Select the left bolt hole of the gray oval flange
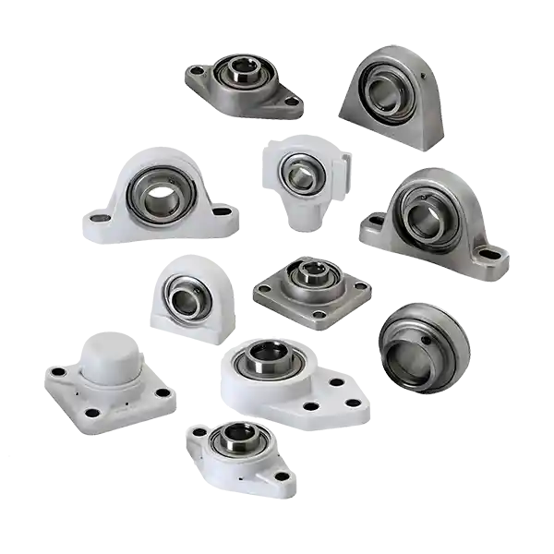tap(196, 69)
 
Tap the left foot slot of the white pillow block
tap(99, 219)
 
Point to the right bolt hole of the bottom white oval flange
tap(282, 476)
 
